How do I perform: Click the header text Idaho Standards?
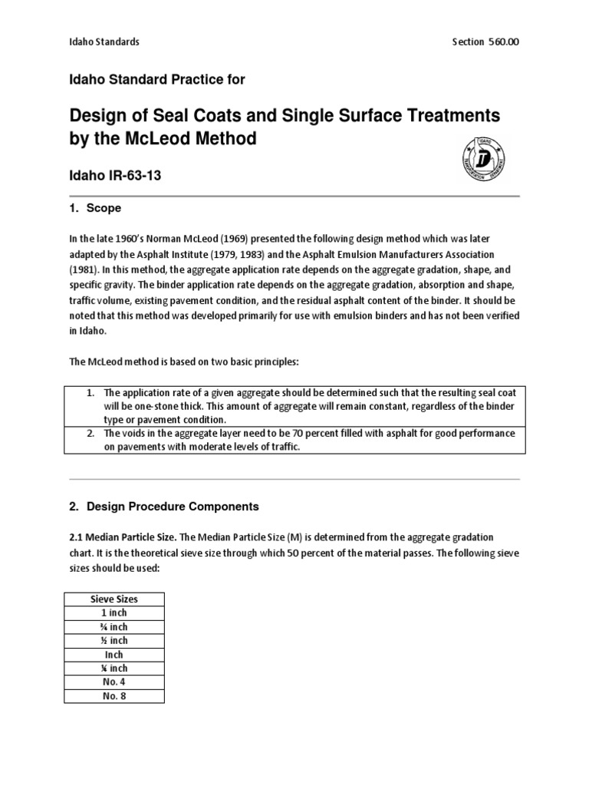(104, 41)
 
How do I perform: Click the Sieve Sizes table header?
(114, 599)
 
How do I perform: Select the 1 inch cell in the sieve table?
(114, 613)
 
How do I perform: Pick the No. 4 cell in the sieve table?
(114, 682)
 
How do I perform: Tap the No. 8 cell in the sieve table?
(114, 696)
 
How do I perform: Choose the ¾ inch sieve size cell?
(114, 626)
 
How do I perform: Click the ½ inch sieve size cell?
(114, 640)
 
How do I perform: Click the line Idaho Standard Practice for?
(157, 79)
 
